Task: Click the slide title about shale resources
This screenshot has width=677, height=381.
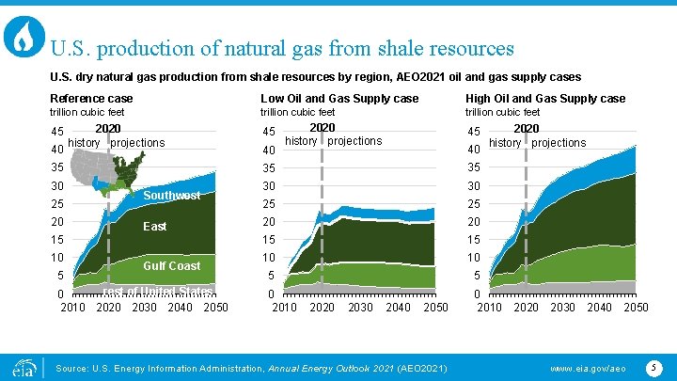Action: (x=282, y=47)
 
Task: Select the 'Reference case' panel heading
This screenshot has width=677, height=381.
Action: (x=91, y=99)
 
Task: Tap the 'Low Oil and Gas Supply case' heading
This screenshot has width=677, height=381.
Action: (x=339, y=99)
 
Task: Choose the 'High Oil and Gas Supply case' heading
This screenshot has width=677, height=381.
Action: (x=545, y=99)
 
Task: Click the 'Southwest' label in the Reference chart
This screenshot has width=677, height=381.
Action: (x=172, y=196)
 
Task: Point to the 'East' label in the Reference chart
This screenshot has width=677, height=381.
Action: (x=155, y=227)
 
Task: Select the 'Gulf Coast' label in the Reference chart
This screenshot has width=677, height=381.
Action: (x=171, y=266)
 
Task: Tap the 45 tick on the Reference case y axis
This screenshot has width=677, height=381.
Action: (x=57, y=132)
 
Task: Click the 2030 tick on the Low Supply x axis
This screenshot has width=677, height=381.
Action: (x=360, y=308)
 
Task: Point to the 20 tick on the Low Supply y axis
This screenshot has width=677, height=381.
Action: (x=269, y=222)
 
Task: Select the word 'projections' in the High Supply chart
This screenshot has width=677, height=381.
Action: (x=559, y=143)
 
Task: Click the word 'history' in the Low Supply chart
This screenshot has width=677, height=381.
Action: (x=301, y=141)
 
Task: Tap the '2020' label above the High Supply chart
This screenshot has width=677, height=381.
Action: (x=527, y=128)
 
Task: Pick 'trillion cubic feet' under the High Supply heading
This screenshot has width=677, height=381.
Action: (x=503, y=113)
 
